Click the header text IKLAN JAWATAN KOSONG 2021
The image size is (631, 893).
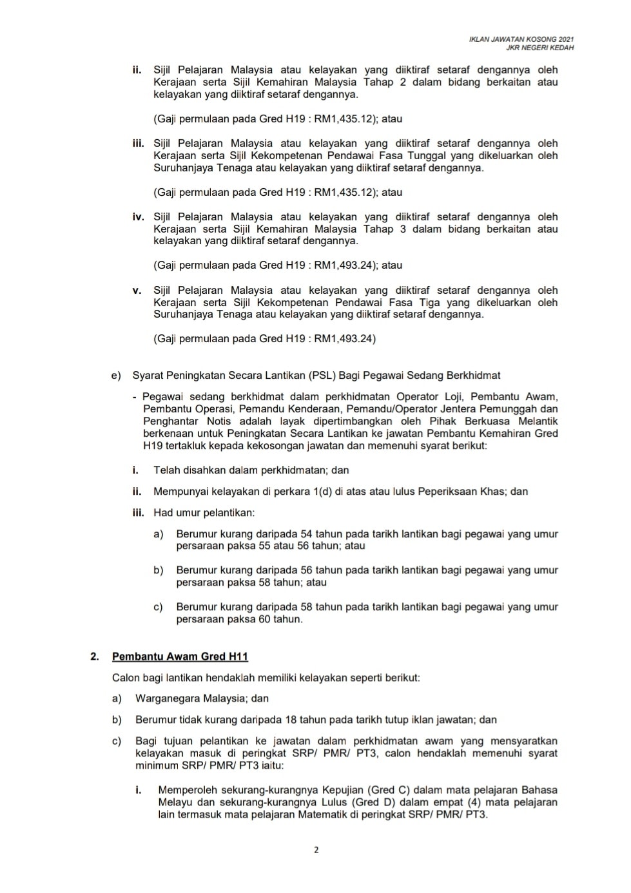(521, 40)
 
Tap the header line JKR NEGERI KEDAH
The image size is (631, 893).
(540, 48)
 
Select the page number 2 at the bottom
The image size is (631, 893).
(316, 850)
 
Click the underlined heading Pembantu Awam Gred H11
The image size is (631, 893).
(180, 657)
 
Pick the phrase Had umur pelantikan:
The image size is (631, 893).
(204, 513)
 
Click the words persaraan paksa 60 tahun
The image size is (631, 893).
(239, 619)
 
